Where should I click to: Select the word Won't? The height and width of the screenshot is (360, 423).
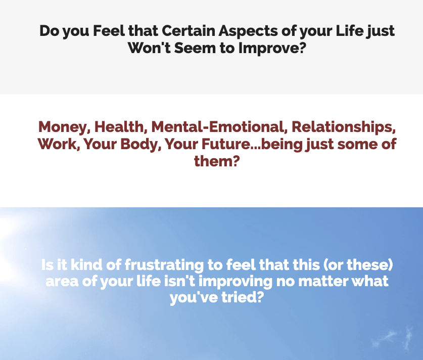click(149, 48)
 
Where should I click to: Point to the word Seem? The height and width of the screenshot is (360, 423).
click(195, 48)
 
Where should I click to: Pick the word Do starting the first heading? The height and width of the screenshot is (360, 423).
click(49, 31)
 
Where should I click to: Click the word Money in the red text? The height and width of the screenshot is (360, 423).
click(64, 127)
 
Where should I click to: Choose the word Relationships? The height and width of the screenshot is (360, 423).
click(344, 127)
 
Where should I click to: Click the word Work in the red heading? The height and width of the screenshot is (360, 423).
click(59, 144)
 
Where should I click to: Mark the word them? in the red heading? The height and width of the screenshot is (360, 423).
click(217, 161)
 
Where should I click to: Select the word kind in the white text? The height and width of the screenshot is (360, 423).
click(86, 264)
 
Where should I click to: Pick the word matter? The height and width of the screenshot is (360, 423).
click(323, 281)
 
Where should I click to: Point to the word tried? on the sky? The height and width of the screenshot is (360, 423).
click(242, 297)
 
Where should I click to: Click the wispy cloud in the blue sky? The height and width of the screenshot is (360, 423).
click(394, 338)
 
